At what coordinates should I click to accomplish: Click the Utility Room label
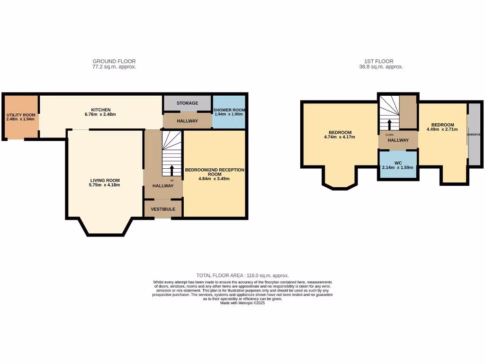[x=21, y=115]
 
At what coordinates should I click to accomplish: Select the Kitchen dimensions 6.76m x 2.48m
[x=100, y=114]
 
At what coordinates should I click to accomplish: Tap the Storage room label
[x=187, y=103]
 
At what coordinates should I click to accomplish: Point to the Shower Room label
[x=229, y=110]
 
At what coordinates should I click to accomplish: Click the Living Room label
[x=105, y=180]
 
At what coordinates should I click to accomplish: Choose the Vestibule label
[x=163, y=209]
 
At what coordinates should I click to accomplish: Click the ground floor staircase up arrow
[x=171, y=170]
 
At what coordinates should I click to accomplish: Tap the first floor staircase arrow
[x=389, y=124]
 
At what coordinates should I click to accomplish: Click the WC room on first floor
[x=397, y=164]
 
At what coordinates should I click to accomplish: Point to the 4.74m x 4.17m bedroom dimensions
[x=339, y=137]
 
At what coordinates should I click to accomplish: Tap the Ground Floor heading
[x=114, y=61]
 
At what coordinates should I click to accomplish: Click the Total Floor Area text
[x=242, y=275]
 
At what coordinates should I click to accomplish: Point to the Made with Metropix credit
[x=242, y=303]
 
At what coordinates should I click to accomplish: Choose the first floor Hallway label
[x=398, y=140]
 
